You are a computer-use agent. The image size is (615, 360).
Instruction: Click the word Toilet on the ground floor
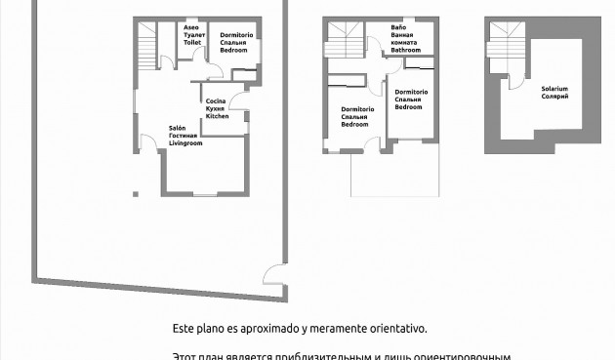click(192, 43)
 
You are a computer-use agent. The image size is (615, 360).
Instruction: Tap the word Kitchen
click(217, 116)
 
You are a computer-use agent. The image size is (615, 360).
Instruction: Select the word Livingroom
click(185, 142)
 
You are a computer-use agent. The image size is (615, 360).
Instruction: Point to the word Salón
click(177, 127)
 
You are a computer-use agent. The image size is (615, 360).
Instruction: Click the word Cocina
click(216, 100)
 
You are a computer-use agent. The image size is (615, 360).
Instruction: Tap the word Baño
click(398, 27)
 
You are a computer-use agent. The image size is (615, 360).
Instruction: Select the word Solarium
click(554, 89)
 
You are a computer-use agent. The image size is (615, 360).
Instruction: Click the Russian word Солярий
click(554, 97)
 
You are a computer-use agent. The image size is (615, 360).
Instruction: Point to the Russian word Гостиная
click(184, 135)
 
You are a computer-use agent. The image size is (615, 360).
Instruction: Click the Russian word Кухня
click(216, 108)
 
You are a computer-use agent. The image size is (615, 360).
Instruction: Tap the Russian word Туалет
click(193, 35)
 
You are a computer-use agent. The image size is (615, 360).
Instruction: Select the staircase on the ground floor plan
click(147, 43)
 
